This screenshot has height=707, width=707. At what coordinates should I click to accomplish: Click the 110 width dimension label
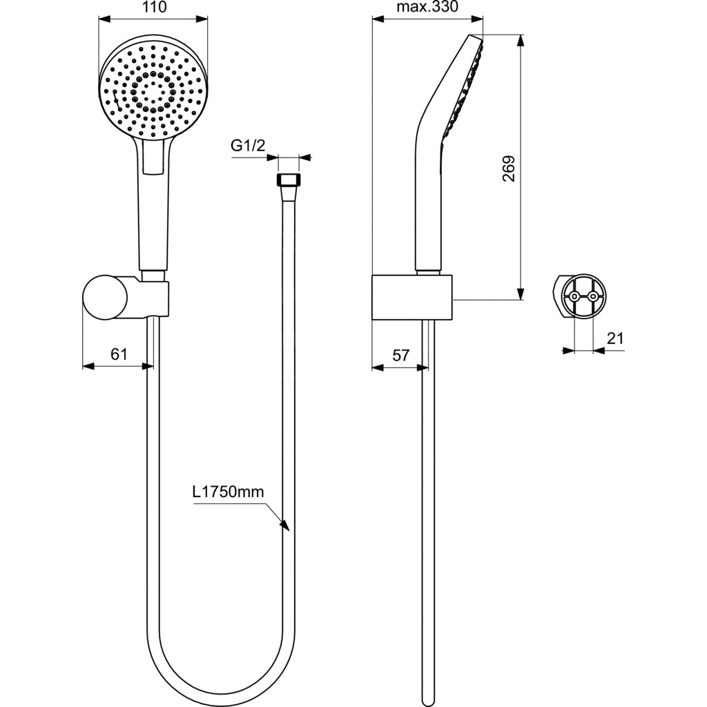[x=154, y=7]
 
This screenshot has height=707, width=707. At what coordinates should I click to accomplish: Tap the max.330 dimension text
[x=427, y=7]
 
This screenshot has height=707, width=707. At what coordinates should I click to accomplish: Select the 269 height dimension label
[x=509, y=168]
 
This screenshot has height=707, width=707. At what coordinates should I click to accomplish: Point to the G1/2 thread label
[x=248, y=146]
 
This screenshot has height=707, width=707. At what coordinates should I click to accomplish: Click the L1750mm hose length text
[x=228, y=492]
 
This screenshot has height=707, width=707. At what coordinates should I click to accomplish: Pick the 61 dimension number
[x=119, y=354]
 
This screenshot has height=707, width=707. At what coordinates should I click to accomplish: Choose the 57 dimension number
[x=400, y=356]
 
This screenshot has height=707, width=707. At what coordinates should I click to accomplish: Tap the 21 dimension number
[x=614, y=338]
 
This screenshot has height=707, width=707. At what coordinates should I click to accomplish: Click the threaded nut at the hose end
[x=287, y=179]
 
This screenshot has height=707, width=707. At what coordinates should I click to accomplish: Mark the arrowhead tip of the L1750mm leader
[x=288, y=530]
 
